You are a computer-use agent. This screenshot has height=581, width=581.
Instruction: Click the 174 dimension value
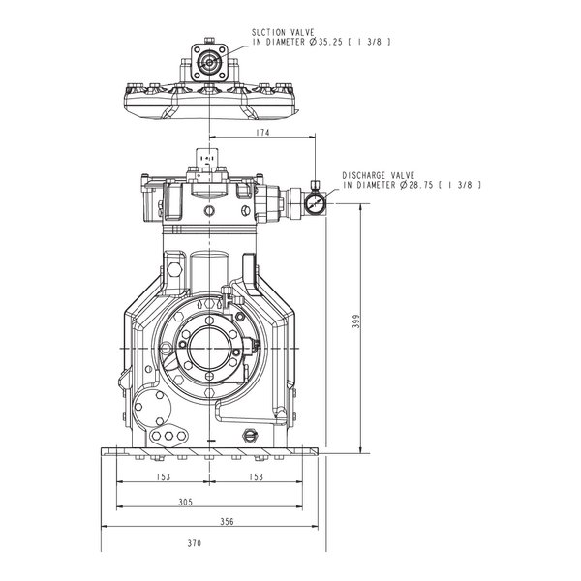262,132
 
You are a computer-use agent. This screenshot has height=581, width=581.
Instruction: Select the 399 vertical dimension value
356,321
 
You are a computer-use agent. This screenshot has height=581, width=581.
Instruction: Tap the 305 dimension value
186,502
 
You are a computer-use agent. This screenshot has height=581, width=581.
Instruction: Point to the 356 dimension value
227,521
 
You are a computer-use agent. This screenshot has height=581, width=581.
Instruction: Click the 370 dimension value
195,543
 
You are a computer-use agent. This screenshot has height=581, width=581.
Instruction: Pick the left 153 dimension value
163,476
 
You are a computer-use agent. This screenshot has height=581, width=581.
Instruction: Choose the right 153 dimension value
256,476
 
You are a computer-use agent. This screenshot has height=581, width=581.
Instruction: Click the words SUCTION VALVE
283,33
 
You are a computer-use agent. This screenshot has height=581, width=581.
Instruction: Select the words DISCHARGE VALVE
379,175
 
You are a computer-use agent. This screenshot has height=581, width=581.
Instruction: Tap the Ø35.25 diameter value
325,42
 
